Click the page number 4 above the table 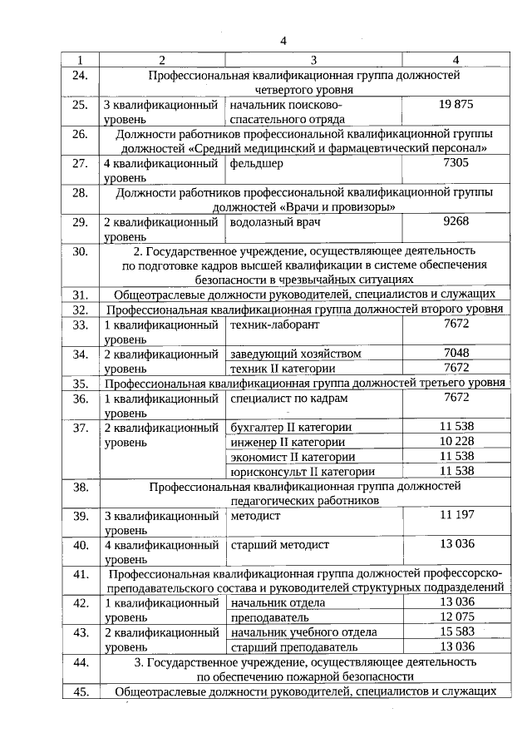coord(283,41)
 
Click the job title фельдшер coord(256,163)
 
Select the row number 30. coord(81,250)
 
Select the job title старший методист coord(280,544)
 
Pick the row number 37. coord(81,428)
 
